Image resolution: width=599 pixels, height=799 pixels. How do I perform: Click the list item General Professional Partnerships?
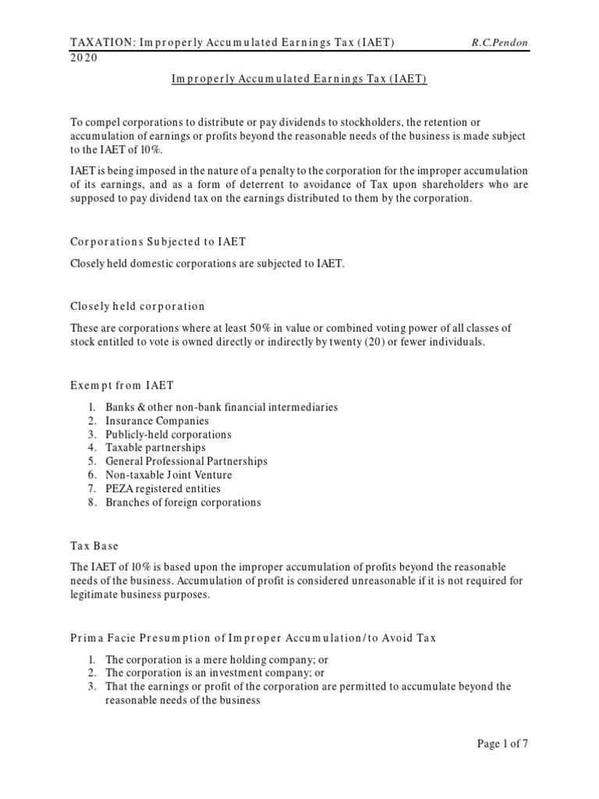pyautogui.click(x=186, y=461)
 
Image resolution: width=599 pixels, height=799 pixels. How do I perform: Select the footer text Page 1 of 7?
pyautogui.click(x=502, y=744)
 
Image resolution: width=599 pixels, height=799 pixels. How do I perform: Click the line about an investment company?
pyautogui.click(x=204, y=673)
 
